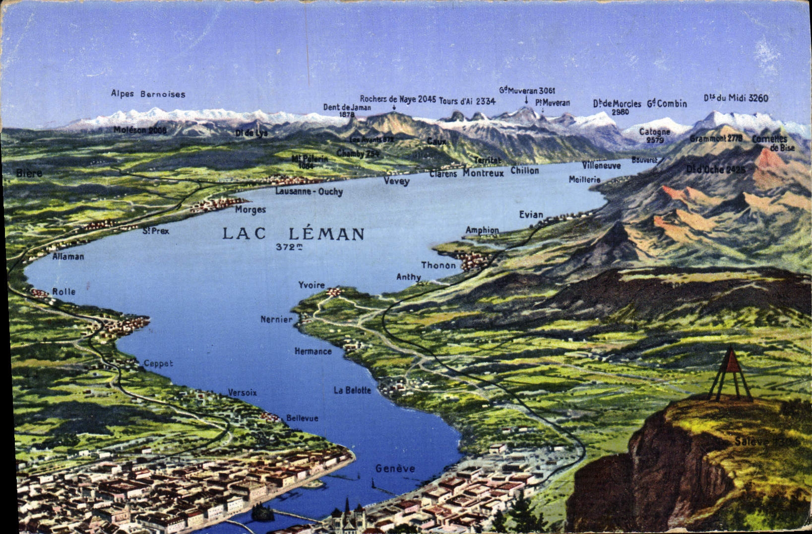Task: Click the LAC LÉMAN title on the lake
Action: [x=293, y=233]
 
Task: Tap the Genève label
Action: [x=395, y=468]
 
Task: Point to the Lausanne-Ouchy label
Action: [x=309, y=191]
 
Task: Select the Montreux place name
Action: [x=483, y=173]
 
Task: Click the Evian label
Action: [x=531, y=215]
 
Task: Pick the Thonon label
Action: [x=438, y=265]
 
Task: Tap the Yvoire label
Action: [x=312, y=285]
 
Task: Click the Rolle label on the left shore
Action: [x=64, y=292]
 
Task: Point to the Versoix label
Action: [x=242, y=392]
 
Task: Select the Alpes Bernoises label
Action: [x=148, y=94]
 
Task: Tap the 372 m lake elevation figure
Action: [x=290, y=247]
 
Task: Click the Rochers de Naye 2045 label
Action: [x=398, y=99]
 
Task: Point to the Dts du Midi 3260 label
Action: [x=736, y=98]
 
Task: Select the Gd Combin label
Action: [x=667, y=104]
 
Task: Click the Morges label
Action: [x=250, y=210]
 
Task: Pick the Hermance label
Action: [x=313, y=351]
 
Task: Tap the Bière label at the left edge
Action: [x=29, y=173]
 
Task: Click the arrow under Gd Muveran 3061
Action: [x=526, y=100]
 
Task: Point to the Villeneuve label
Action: [x=601, y=165]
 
